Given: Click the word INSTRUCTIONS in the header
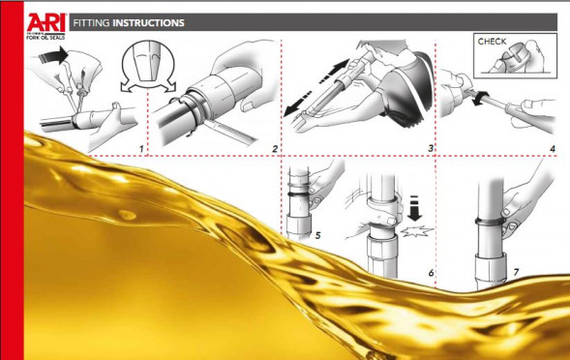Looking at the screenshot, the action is tap(148, 23).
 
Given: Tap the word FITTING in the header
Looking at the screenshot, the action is tap(91, 23).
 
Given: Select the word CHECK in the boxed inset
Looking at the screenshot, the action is tap(492, 42).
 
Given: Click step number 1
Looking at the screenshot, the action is tap(141, 149).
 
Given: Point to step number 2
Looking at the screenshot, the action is tap(275, 149).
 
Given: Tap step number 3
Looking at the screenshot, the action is tap(431, 148).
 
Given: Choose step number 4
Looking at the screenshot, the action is tap(553, 149).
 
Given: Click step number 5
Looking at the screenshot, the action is tap(317, 235).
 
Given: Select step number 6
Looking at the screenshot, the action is tap(432, 273).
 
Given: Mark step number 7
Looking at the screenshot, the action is tap(516, 272).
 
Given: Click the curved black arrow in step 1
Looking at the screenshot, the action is tap(53, 55).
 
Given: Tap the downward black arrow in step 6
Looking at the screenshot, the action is tap(414, 208).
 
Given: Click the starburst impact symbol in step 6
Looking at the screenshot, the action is tap(417, 231).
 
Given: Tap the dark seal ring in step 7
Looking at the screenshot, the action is tap(490, 221).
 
